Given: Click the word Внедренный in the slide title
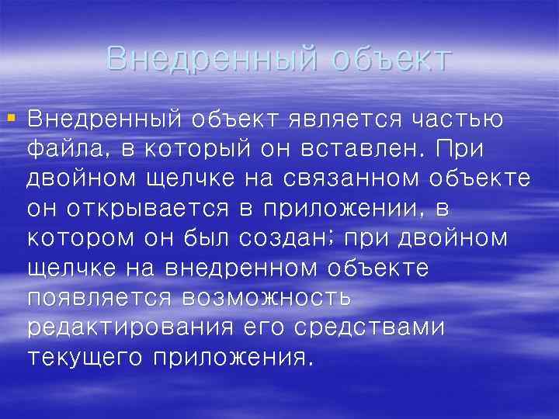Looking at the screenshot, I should pos(210,58).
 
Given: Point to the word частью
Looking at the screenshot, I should pos(457,120).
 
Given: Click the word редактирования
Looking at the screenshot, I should pos(129,327).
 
